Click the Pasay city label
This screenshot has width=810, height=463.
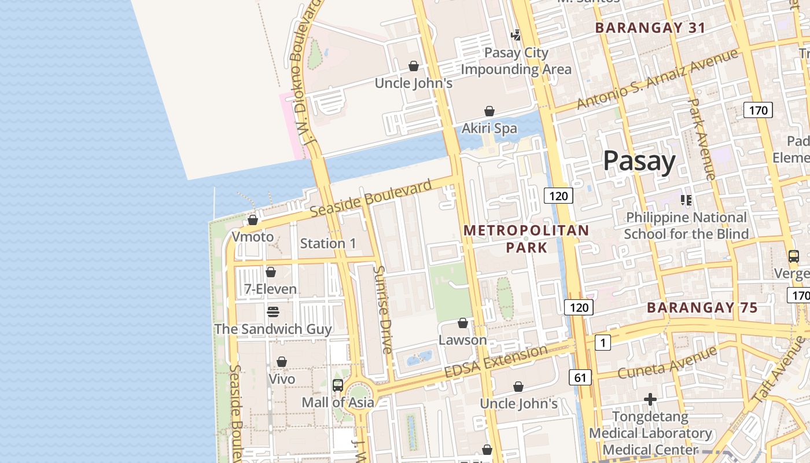click(x=639, y=161)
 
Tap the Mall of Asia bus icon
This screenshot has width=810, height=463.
click(x=338, y=385)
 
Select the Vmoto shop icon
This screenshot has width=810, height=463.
click(x=253, y=220)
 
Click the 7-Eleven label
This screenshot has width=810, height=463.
click(x=270, y=289)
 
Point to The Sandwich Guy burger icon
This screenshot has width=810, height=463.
click(x=273, y=312)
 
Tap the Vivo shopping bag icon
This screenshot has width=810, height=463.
click(x=282, y=362)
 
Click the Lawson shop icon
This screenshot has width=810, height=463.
click(x=463, y=323)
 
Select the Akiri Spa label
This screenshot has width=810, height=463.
click(x=489, y=128)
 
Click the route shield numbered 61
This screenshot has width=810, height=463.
click(x=580, y=378)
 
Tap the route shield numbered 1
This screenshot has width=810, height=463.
click(x=602, y=343)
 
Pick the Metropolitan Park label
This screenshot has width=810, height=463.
click(x=526, y=238)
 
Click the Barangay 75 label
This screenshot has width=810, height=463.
click(x=702, y=308)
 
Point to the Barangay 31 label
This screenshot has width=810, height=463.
click(x=650, y=28)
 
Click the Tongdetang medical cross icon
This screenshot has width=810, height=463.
click(x=650, y=399)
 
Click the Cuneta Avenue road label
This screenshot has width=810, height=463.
click(x=667, y=363)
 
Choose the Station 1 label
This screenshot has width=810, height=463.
click(x=328, y=244)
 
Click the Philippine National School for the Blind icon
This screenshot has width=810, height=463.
click(x=686, y=201)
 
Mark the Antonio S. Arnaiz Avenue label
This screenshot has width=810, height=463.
click(x=657, y=79)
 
